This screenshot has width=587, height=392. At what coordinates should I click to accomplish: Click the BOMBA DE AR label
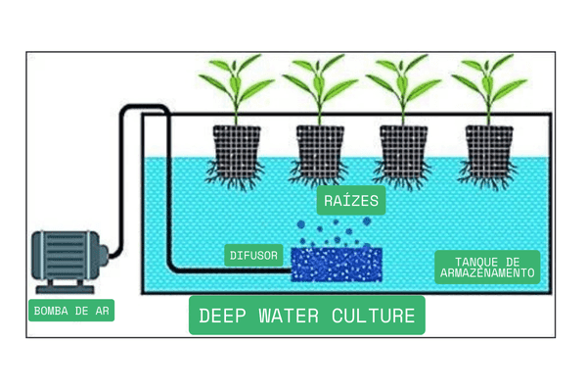point(70,311)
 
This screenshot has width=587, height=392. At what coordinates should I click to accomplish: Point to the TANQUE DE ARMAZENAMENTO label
point(487,267)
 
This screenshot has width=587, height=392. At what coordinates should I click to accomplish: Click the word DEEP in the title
point(221,316)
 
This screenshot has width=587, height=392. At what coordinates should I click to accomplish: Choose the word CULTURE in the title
point(378,316)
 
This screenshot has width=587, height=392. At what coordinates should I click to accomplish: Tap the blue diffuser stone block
point(337,263)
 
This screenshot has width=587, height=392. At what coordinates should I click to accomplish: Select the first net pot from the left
point(236,147)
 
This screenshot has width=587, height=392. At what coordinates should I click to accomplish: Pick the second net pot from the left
point(317,147)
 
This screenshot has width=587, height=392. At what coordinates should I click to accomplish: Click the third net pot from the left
point(400,147)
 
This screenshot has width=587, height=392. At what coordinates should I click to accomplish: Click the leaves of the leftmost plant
point(236,83)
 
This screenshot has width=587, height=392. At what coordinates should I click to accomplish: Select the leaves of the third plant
point(400,83)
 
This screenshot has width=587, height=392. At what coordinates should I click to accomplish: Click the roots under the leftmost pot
point(236,176)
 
